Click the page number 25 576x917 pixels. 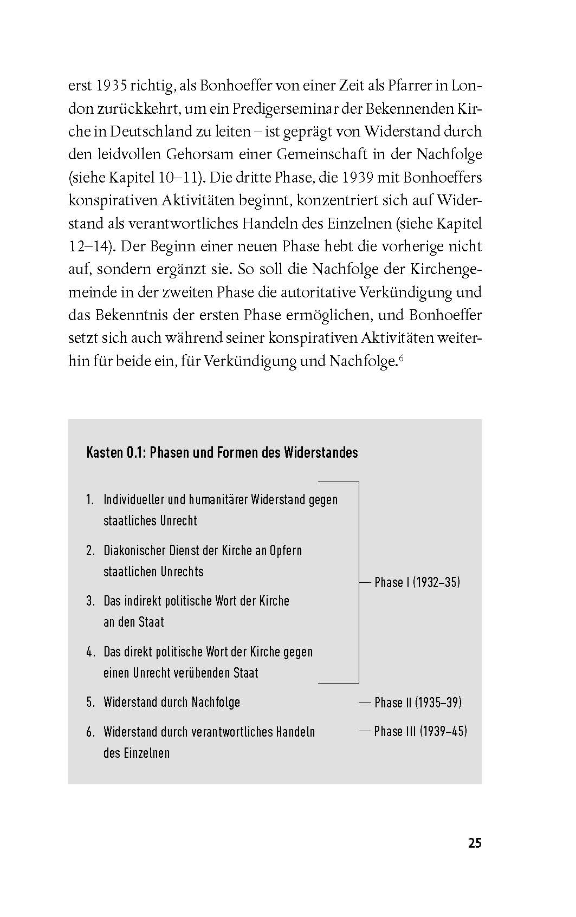coord(474,843)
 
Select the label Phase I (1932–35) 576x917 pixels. coord(417,582)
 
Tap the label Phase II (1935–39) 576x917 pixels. coord(418,703)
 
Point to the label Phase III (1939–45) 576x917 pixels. coord(420,731)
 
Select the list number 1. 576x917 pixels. coord(90,499)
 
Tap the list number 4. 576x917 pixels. coord(90,652)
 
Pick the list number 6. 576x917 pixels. coord(90,732)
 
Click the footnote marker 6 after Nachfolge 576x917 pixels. coord(401,357)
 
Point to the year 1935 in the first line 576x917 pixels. coord(112,86)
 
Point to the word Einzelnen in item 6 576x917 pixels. coord(144,753)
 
